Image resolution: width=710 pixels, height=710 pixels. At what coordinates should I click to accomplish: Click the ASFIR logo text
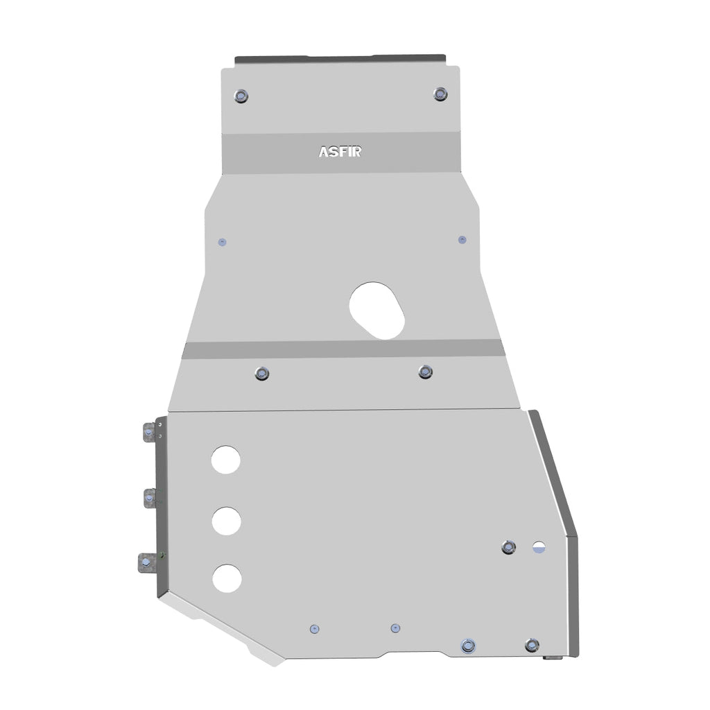click(x=340, y=152)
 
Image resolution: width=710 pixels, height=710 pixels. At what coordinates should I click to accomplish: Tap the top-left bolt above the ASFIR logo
click(x=241, y=96)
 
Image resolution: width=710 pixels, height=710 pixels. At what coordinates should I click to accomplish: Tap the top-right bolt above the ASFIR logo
click(x=440, y=94)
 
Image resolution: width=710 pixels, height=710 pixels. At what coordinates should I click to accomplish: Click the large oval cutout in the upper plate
click(x=377, y=310)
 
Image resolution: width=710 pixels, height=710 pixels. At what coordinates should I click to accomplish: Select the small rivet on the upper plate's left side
click(x=222, y=242)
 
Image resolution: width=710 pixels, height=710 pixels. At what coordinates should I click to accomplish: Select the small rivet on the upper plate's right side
click(x=462, y=239)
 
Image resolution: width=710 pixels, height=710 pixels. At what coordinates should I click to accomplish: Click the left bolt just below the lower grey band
click(x=261, y=374)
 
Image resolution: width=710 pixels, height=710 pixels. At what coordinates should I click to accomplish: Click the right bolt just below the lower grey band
click(x=426, y=372)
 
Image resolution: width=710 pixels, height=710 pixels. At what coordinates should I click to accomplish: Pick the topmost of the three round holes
click(x=226, y=459)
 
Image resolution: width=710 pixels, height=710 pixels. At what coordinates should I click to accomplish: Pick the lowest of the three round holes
click(x=227, y=578)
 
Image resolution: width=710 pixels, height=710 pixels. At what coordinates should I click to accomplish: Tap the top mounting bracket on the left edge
click(x=149, y=433)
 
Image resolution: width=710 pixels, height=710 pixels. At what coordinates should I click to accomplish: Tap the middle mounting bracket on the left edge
click(x=150, y=497)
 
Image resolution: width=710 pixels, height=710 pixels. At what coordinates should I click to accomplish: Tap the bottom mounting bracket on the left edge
click(x=147, y=562)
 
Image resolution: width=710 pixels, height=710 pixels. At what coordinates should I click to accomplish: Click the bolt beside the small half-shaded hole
click(x=509, y=547)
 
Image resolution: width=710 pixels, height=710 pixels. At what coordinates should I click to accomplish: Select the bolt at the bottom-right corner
click(x=532, y=645)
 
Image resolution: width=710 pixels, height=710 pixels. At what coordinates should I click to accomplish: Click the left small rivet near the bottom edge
click(x=315, y=628)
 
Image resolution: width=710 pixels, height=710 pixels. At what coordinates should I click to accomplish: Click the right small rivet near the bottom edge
click(x=395, y=627)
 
